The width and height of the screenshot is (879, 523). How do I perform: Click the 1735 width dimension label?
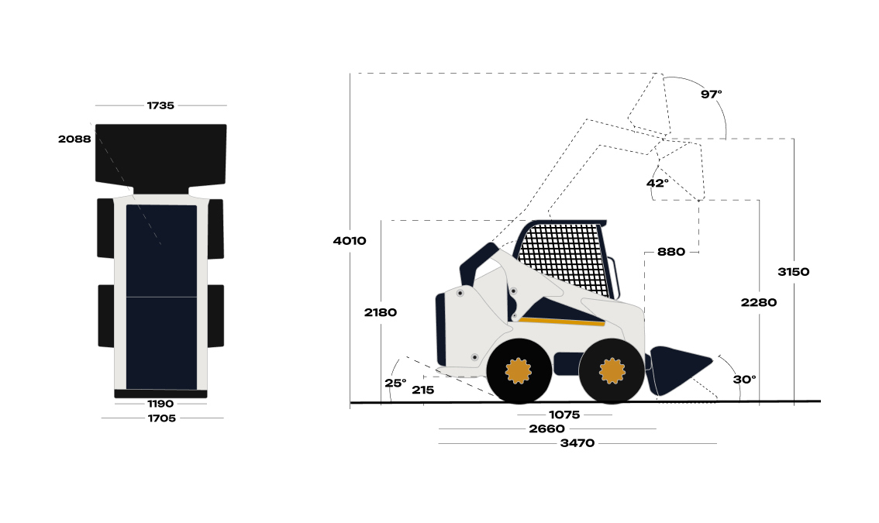coord(160,105)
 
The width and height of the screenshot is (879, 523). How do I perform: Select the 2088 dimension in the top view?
coord(74,139)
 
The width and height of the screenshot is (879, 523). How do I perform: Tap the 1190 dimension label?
coord(160,404)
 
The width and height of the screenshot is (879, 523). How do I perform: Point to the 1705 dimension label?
coord(162,418)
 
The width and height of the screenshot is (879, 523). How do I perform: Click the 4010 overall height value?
coord(350,241)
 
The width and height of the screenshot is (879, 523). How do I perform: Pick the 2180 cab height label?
coord(381,313)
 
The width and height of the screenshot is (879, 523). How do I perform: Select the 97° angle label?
coord(712,95)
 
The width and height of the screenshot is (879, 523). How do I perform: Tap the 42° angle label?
coord(657,184)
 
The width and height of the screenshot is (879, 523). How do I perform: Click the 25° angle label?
coord(395,384)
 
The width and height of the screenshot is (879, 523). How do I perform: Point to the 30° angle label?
coord(744,380)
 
